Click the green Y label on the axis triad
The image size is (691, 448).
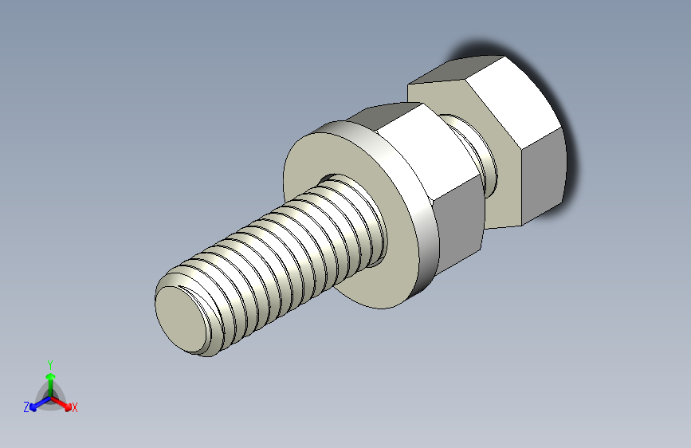tap(49, 364)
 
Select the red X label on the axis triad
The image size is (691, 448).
tap(75, 408)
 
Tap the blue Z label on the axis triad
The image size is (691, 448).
tap(26, 407)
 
